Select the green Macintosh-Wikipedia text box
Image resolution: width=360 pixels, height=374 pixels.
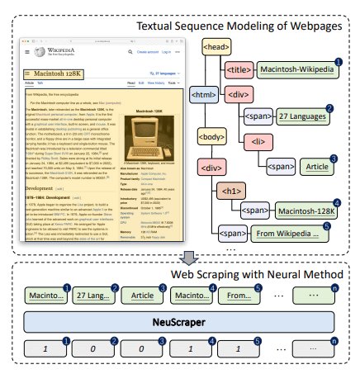[x=301, y=70]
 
